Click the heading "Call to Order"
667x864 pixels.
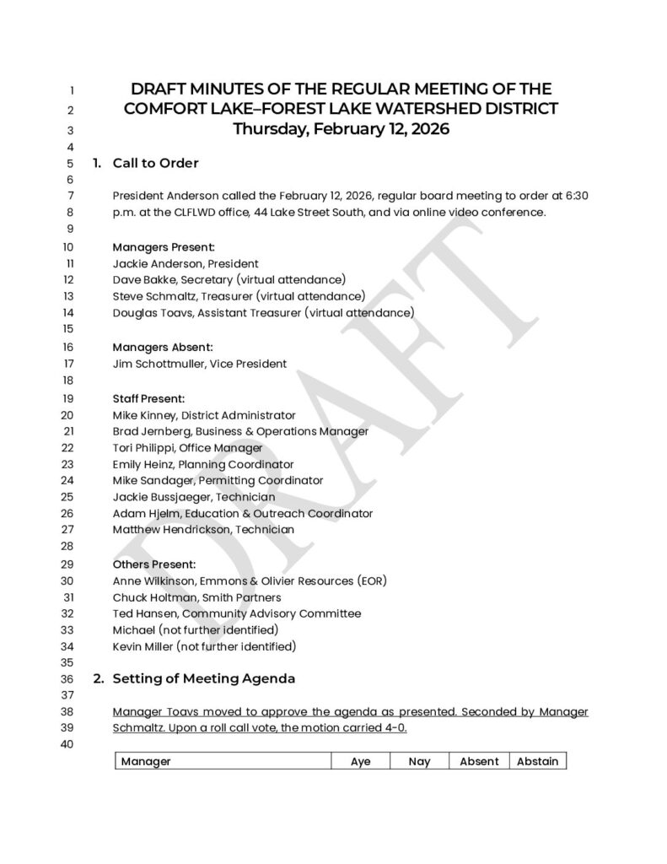155,163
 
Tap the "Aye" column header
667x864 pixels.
360,761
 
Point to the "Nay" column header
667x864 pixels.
419,761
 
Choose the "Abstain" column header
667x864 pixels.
537,761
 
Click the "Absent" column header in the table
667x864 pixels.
479,761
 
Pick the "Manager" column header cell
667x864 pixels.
146,761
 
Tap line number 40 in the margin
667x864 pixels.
68,744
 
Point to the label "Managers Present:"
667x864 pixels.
164,247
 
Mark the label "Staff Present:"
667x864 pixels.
148,397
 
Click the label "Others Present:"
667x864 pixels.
154,564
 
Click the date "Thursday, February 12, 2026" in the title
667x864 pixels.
341,130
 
